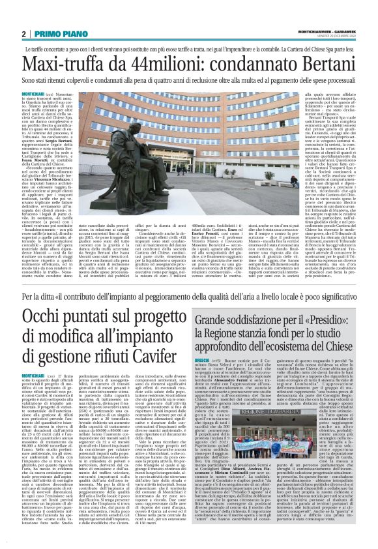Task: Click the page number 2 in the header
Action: tap(23, 34)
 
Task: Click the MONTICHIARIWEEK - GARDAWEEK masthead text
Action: tap(323, 31)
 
